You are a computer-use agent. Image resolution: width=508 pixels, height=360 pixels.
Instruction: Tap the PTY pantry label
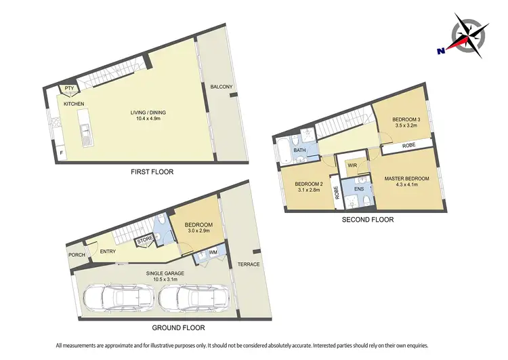(x=69, y=88)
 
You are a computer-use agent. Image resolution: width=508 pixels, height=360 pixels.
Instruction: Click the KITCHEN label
(x=74, y=104)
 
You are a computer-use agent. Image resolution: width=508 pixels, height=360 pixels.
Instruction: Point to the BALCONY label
(x=221, y=87)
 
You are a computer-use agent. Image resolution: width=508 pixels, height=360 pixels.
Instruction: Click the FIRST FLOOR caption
(x=152, y=172)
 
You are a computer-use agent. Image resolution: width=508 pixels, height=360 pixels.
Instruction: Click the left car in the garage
(x=113, y=298)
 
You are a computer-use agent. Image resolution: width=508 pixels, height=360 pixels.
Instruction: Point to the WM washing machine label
(x=214, y=253)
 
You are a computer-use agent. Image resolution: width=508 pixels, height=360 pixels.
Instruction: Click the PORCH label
(x=77, y=255)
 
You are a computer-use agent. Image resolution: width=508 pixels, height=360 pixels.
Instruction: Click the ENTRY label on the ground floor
(x=108, y=252)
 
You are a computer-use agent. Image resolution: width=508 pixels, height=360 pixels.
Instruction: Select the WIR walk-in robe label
(x=352, y=165)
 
